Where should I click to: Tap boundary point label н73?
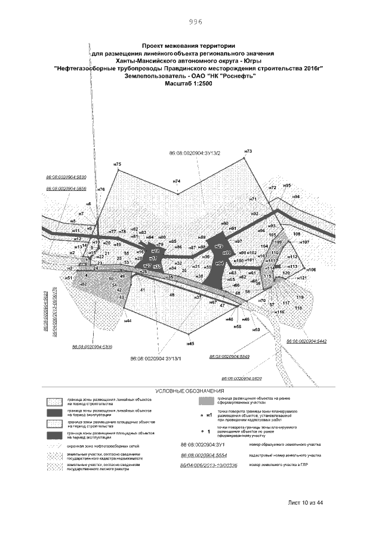coord(248,151)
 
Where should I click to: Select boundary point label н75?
coord(117,164)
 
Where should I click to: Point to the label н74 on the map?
coord(176,181)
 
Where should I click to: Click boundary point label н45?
coord(191,344)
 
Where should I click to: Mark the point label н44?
coord(127,321)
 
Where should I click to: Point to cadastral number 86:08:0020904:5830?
coord(66,177)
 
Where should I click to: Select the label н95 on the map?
coord(287,186)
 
